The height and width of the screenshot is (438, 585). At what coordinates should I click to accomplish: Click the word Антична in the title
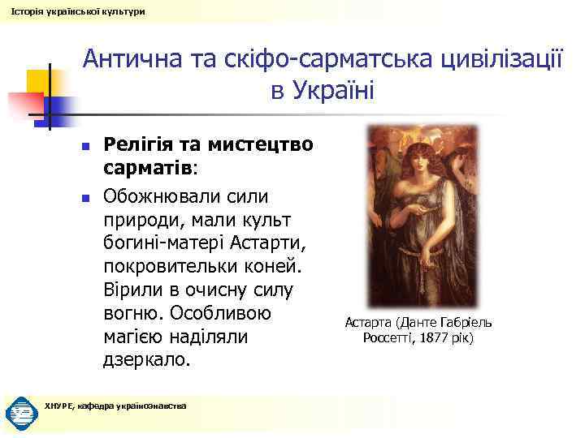pyautogui.click(x=133, y=60)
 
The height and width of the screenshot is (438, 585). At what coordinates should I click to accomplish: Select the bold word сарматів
pyautogui.click(x=148, y=169)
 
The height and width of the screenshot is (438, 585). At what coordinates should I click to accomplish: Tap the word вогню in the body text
pyautogui.click(x=133, y=312)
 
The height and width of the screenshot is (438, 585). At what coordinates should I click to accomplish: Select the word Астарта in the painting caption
pyautogui.click(x=369, y=322)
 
